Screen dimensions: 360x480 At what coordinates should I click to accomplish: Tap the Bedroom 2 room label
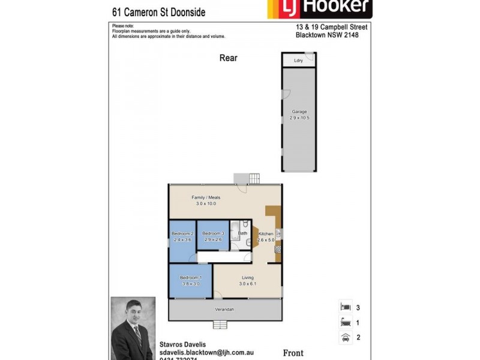[182, 233]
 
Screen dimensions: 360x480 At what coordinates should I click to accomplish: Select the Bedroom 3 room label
[213, 233]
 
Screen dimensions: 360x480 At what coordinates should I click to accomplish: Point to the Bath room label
[242, 233]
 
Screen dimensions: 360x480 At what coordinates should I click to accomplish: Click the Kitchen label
[266, 233]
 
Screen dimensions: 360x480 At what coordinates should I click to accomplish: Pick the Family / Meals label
[206, 197]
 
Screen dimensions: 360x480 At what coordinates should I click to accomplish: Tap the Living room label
[248, 278]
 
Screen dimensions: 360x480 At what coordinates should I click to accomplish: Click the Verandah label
[225, 310]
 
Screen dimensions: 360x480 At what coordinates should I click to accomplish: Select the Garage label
[299, 112]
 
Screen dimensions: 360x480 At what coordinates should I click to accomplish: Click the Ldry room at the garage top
[298, 61]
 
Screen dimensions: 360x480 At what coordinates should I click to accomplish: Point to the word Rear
[228, 58]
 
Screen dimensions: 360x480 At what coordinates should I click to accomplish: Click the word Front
[293, 353]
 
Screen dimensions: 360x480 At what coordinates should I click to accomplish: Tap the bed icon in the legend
[345, 307]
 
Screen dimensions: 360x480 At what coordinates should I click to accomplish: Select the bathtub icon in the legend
[345, 322]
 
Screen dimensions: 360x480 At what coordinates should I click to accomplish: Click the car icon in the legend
[345, 338]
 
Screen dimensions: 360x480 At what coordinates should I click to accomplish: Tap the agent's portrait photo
[132, 328]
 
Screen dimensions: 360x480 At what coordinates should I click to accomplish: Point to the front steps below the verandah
[220, 325]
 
